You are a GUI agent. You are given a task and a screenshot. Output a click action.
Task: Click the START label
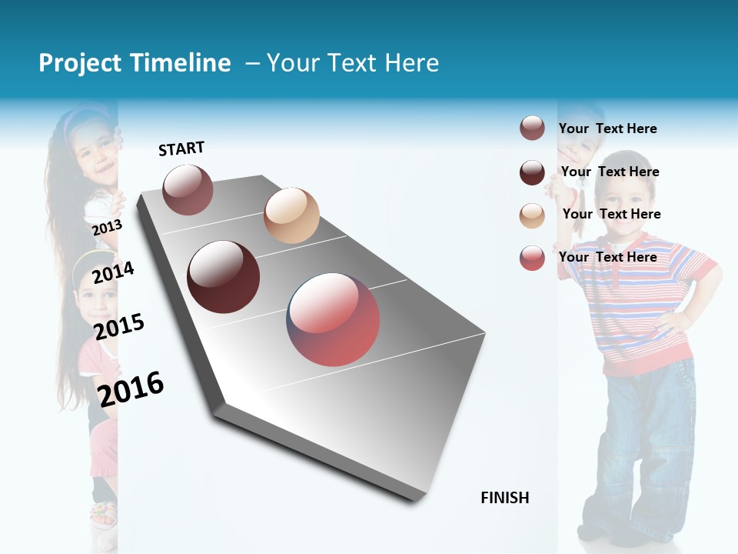[181, 149]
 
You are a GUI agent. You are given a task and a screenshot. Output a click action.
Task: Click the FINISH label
[504, 498]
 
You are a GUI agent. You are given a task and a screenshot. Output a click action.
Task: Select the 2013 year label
[107, 228]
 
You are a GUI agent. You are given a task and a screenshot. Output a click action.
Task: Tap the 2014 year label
[113, 272]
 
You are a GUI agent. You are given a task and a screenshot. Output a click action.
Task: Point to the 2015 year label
[119, 326]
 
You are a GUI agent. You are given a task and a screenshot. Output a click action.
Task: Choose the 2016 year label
[131, 389]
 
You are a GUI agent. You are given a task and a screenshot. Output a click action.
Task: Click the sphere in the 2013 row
[188, 189]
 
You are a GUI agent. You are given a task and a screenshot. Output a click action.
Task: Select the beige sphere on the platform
[291, 215]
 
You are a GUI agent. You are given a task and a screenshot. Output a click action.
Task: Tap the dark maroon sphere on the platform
[223, 277]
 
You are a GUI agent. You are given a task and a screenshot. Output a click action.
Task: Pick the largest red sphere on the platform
[333, 319]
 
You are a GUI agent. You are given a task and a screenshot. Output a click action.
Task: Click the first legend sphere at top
[532, 128]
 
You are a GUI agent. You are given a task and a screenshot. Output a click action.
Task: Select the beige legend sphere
[532, 215]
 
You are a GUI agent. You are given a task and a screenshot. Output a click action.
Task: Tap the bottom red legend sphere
[532, 258]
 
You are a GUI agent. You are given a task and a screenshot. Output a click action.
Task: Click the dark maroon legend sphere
[532, 172]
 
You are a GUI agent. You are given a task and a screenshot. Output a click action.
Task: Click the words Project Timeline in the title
[135, 63]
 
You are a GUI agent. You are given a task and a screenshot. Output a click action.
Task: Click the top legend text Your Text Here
[607, 128]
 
